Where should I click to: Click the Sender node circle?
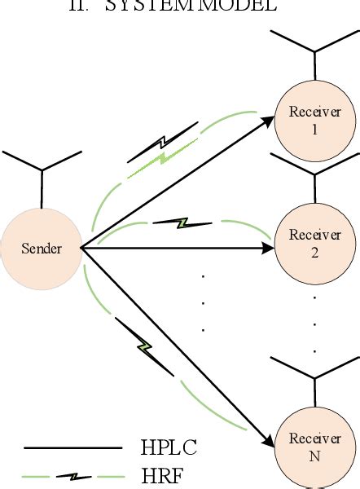pos(42,247)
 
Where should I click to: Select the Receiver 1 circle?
pos(314,119)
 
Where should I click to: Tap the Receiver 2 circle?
pos(314,242)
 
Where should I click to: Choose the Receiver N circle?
pos(314,447)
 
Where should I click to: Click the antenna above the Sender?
pos(42,167)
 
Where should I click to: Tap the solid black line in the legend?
pos(73,447)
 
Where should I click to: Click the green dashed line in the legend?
pos(73,475)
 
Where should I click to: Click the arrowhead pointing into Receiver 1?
pos(268,121)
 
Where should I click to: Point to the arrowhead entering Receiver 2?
pos(268,244)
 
